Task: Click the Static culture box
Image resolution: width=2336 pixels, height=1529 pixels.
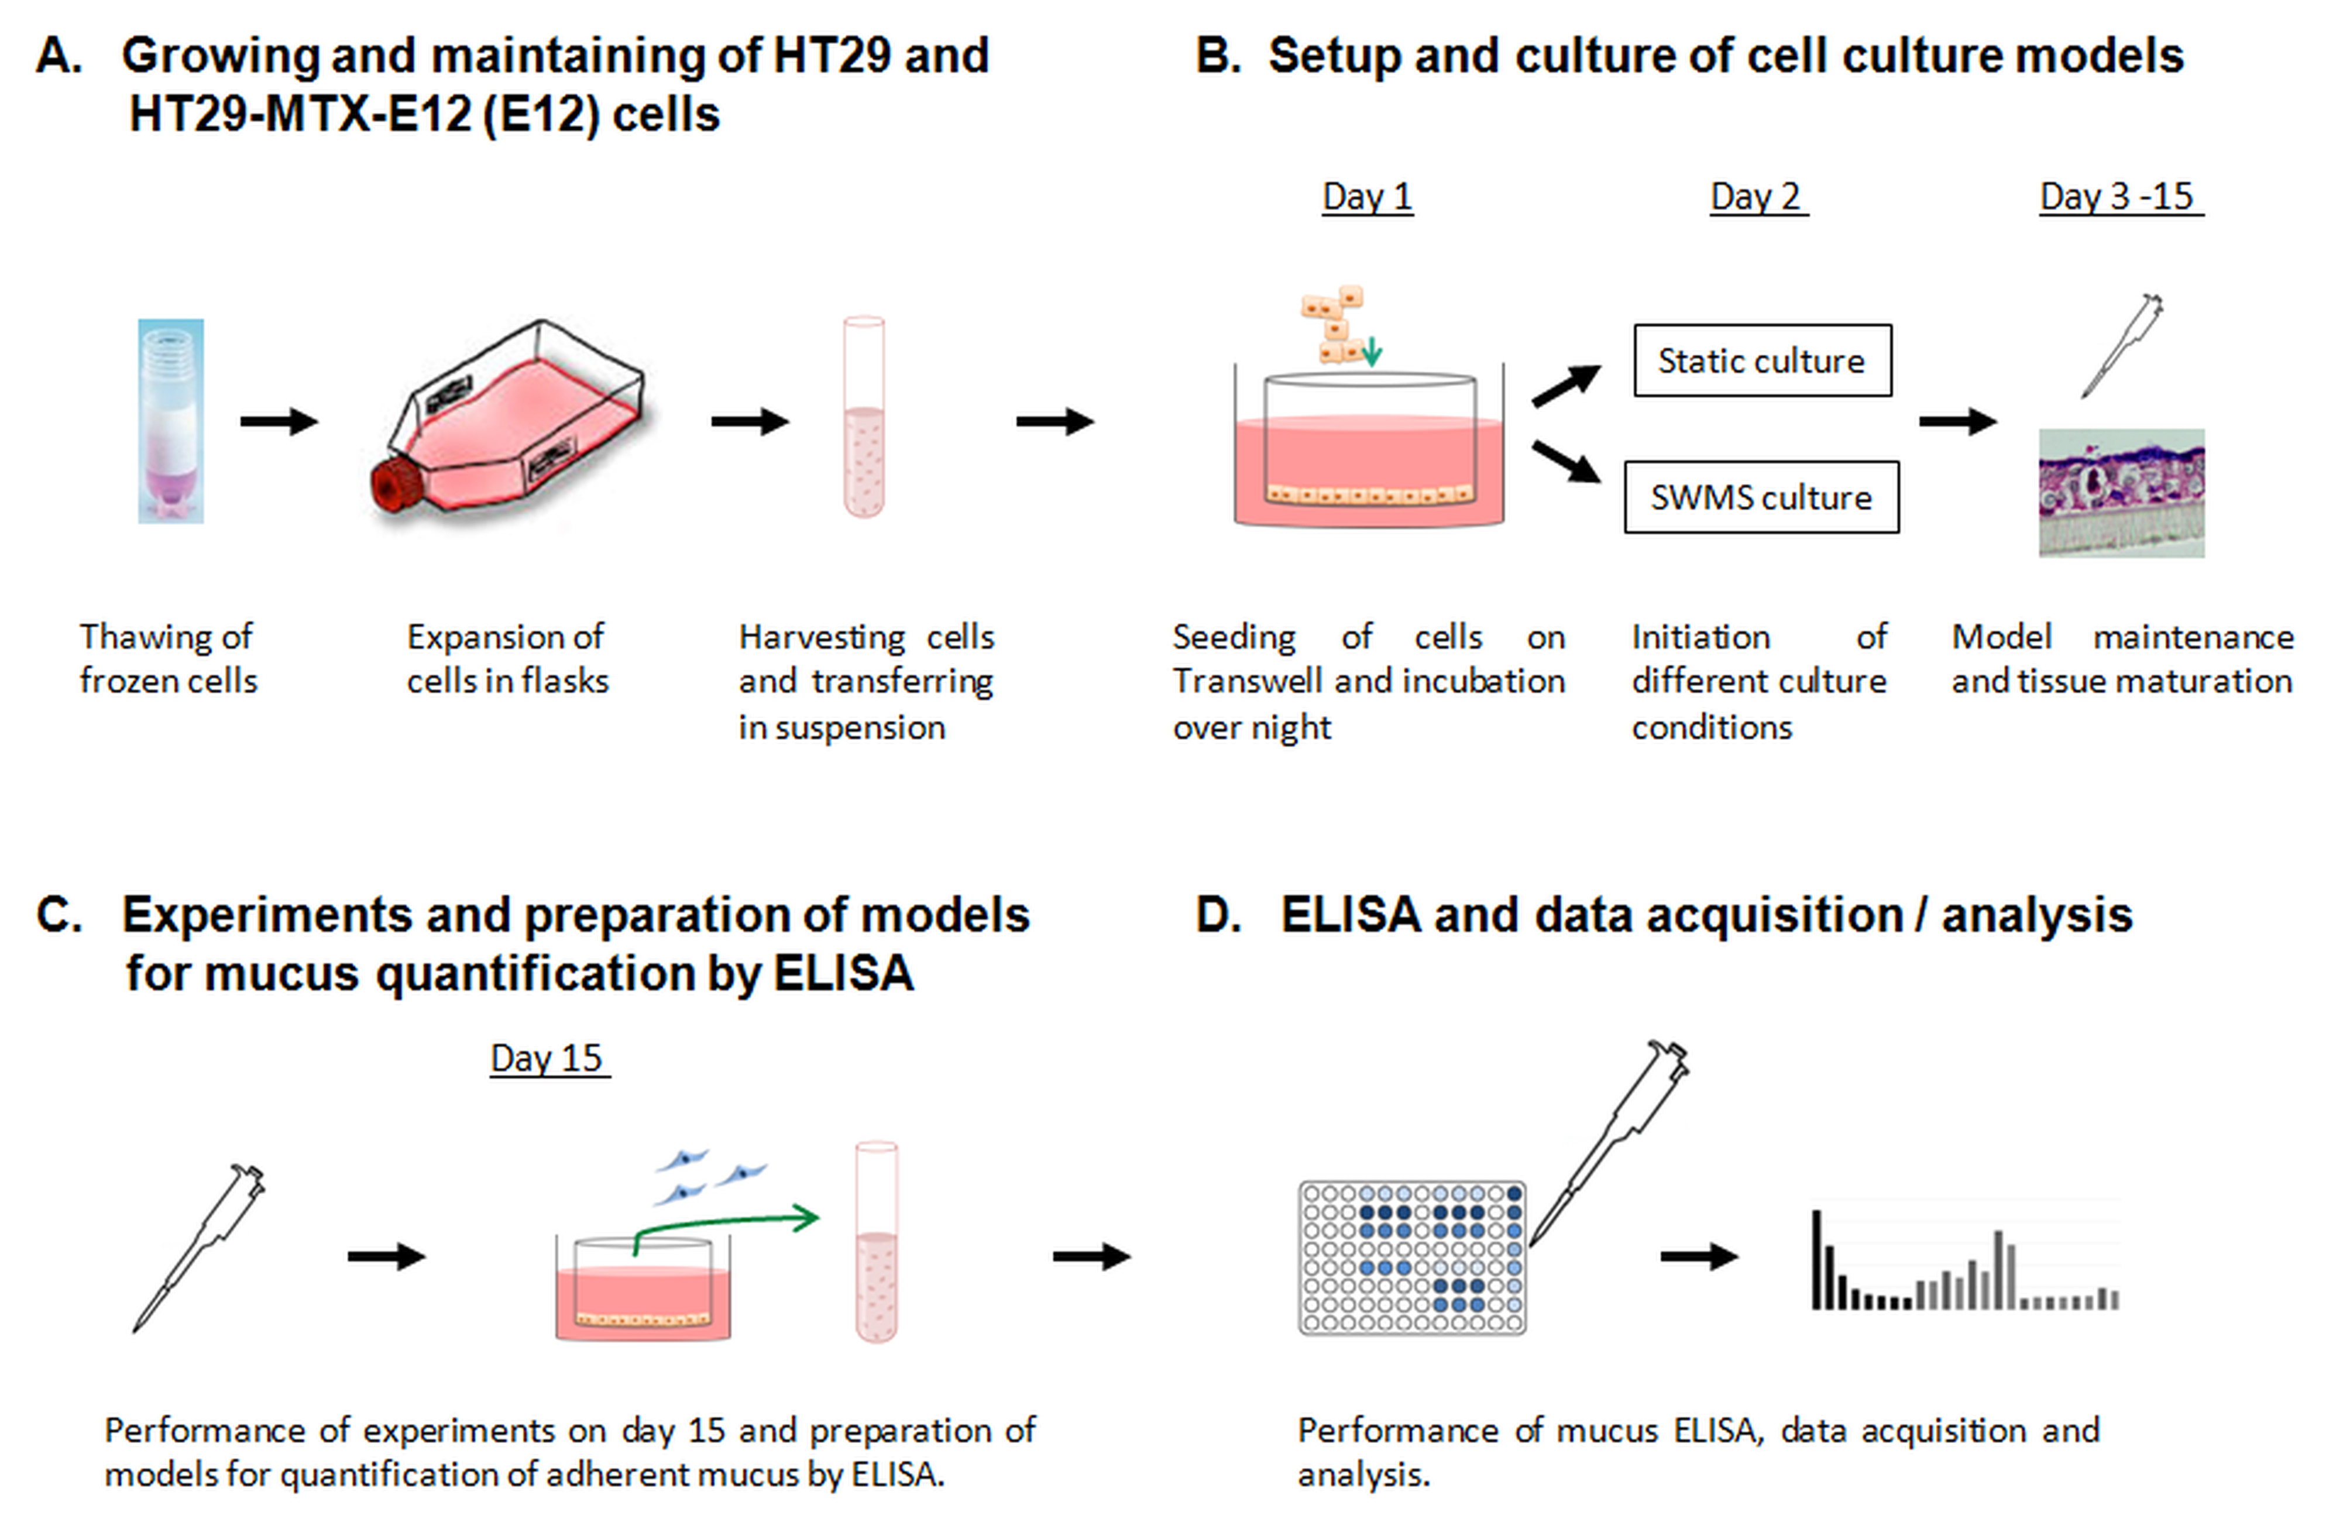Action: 1762,360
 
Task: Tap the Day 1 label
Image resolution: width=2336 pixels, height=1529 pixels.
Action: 1367,196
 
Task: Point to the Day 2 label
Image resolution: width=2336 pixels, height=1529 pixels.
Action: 1758,196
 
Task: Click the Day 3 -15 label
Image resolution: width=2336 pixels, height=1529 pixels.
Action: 2120,196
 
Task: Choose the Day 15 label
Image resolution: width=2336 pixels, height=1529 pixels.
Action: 549,1058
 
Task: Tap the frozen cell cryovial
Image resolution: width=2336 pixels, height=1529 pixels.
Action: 171,420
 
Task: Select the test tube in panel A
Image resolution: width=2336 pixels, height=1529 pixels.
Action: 864,416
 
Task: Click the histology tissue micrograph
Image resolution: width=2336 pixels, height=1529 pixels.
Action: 2121,493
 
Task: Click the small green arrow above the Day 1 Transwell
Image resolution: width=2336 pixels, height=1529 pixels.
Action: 1372,351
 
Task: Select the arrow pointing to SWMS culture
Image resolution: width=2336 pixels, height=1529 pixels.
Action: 1567,461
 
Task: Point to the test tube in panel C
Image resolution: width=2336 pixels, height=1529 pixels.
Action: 877,1242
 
